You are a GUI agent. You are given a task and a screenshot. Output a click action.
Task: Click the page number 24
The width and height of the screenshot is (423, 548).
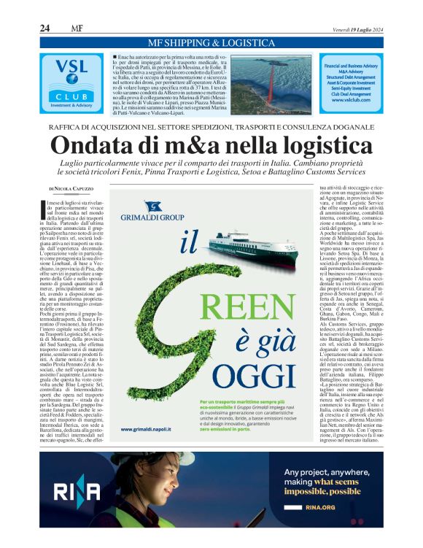(x=44, y=28)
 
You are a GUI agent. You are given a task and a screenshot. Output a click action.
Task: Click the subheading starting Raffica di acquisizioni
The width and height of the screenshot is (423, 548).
(x=211, y=125)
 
